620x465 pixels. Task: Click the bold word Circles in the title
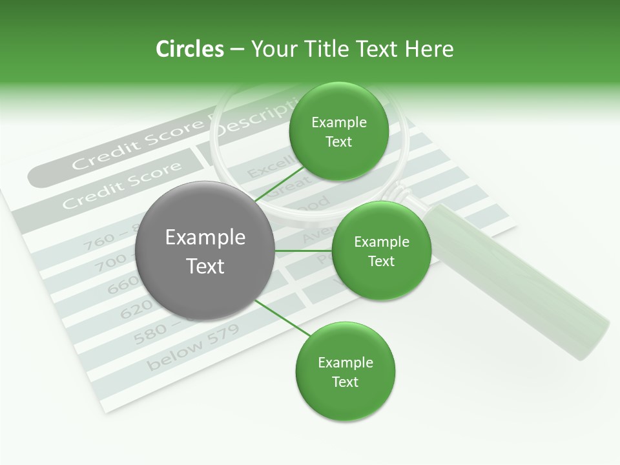[x=189, y=49]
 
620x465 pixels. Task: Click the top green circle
[x=339, y=132]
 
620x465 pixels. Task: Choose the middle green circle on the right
[x=381, y=251]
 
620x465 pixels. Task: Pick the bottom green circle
[x=346, y=372]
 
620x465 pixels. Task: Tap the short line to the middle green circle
[x=304, y=251]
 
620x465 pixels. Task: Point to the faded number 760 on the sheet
[x=100, y=242]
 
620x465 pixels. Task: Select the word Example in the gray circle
[x=205, y=238]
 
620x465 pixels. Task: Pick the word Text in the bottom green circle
[x=345, y=382]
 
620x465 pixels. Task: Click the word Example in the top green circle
[x=339, y=123]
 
